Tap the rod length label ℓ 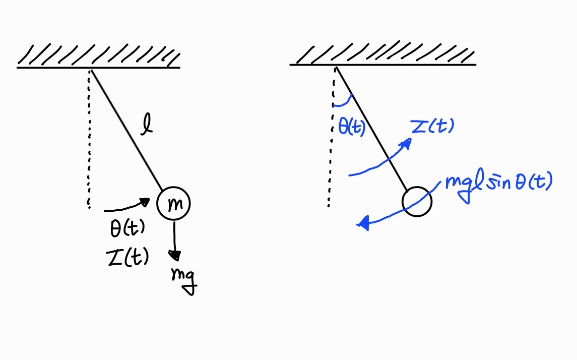tap(146, 125)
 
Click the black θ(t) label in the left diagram tap(127, 230)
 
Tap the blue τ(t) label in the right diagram tap(432, 127)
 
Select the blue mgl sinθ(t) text tap(497, 183)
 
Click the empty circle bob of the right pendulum tap(417, 202)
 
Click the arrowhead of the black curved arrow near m tap(146, 202)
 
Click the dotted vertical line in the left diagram tap(90, 141)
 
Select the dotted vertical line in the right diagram tap(332, 141)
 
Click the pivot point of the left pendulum tap(91, 69)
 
